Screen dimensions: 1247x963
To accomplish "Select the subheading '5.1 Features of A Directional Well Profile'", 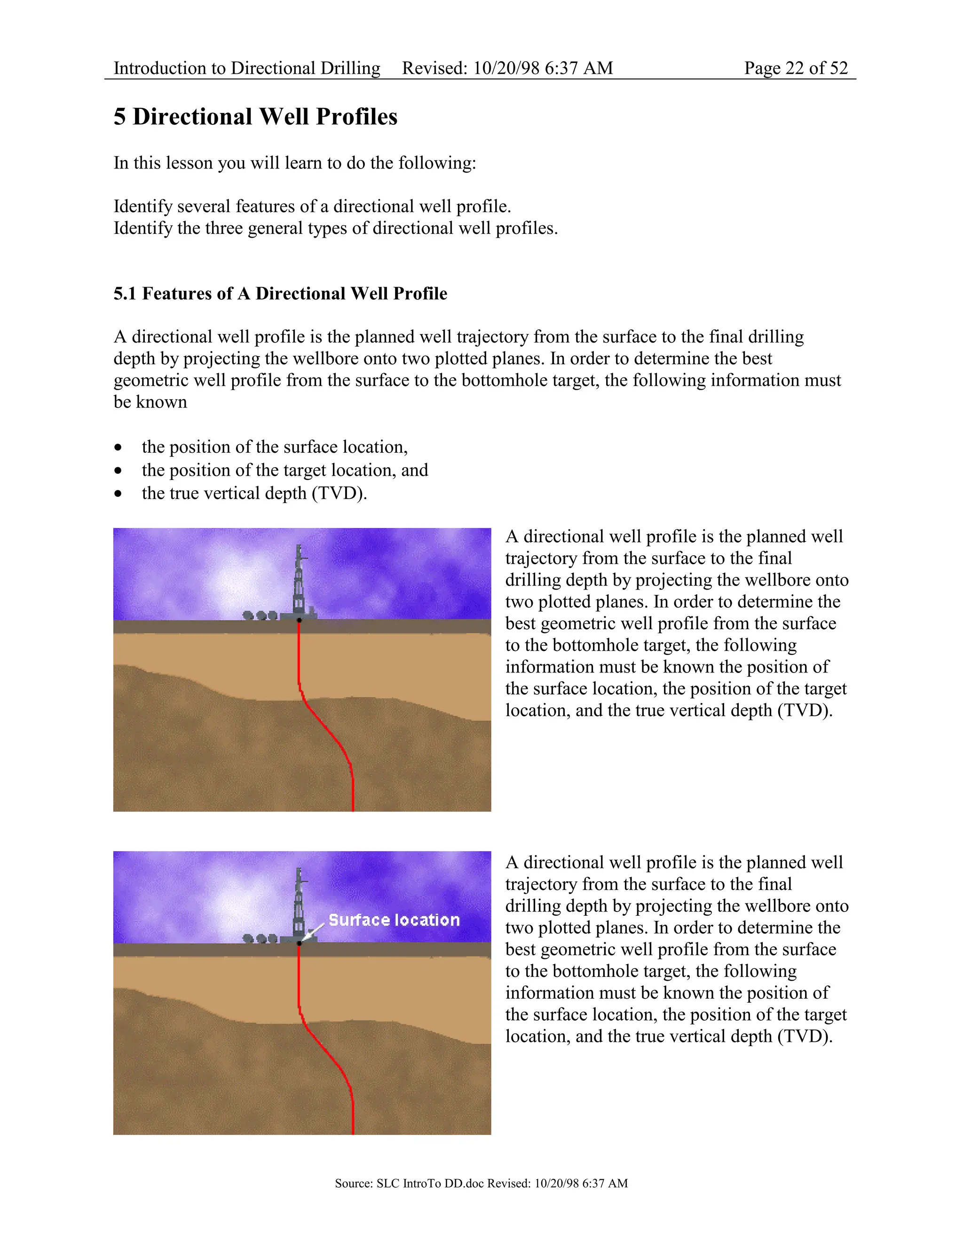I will tap(280, 294).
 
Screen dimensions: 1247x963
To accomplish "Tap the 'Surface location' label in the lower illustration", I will tap(394, 920).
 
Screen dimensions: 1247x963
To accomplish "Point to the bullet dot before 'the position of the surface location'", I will tap(118, 447).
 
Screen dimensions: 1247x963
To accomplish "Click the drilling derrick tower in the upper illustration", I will tap(299, 583).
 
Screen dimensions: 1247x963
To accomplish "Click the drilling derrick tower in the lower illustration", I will tap(299, 905).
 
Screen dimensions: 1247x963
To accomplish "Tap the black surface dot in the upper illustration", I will tap(299, 620).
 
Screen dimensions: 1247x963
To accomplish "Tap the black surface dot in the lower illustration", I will tap(299, 943).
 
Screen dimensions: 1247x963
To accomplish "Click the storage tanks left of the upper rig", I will tap(260, 616).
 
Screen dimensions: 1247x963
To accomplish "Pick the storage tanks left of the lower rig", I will tap(260, 939).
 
